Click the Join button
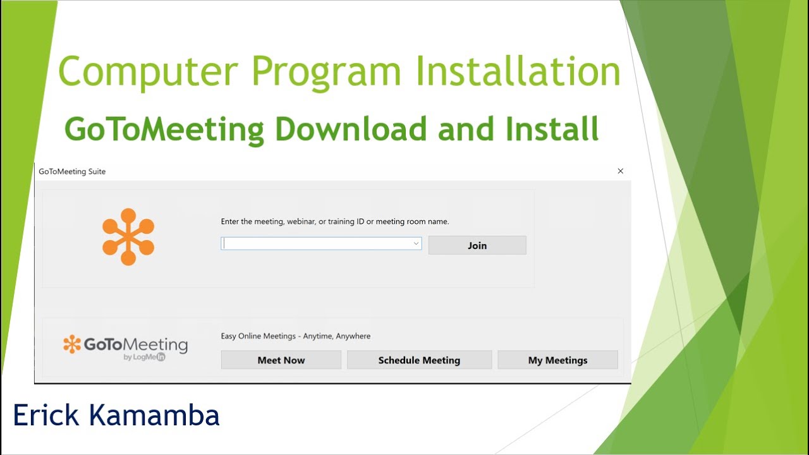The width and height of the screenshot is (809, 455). (477, 245)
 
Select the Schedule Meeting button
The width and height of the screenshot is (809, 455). (419, 360)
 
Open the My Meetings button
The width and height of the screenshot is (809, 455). (557, 360)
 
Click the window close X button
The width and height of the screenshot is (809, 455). (620, 171)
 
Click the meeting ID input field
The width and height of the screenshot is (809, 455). (316, 243)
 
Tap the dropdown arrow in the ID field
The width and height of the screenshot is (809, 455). (417, 243)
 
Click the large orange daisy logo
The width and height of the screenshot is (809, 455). (128, 236)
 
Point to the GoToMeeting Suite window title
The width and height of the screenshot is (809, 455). (72, 171)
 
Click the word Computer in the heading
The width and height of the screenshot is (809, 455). (145, 73)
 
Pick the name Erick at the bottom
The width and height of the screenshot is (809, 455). (47, 415)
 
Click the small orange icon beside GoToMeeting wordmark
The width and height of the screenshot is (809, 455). (72, 344)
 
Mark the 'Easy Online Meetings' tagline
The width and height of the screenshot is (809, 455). (296, 336)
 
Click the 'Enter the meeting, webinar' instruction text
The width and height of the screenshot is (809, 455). (334, 222)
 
